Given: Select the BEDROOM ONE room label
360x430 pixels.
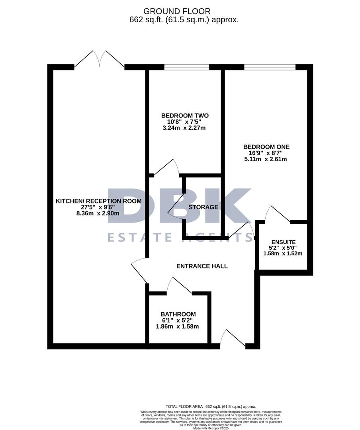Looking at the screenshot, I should (x=266, y=147).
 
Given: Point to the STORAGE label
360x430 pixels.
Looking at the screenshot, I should (x=203, y=207).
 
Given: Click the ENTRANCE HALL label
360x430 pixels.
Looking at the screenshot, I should (x=202, y=266).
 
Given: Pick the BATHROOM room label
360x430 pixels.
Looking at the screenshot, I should (x=178, y=314).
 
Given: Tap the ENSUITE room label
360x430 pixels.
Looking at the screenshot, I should (x=283, y=242).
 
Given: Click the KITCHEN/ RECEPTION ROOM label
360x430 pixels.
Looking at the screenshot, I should (x=98, y=201).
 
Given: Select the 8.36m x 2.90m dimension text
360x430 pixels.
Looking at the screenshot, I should (x=98, y=213).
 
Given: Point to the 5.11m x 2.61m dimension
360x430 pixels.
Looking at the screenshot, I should (x=266, y=159).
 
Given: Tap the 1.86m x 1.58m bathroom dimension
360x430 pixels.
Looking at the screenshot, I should (x=177, y=326).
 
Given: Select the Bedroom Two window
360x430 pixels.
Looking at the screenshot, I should (x=187, y=67).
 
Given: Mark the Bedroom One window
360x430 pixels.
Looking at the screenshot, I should (x=270, y=67).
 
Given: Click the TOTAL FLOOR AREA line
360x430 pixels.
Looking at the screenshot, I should (x=211, y=407).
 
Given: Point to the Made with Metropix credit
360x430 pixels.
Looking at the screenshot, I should (x=211, y=428).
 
